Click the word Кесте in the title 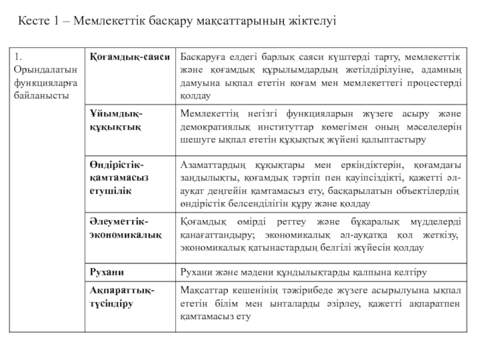coord(33,22)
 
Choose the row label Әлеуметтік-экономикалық coord(125,227)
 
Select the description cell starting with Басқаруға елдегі coord(320,76)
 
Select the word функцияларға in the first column coord(43,83)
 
